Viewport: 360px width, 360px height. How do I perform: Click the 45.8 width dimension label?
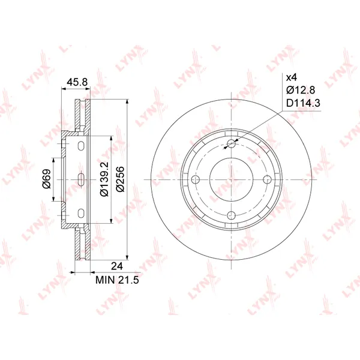click(x=77, y=82)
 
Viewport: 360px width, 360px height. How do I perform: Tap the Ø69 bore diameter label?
click(x=47, y=179)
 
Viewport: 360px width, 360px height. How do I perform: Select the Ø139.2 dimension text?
click(x=104, y=179)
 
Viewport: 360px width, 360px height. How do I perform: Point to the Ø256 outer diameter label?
click(x=120, y=179)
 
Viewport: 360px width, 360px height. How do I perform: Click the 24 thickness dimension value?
click(x=117, y=266)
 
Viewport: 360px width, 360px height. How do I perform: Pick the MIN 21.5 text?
click(x=117, y=280)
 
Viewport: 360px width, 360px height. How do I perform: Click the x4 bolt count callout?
click(x=292, y=77)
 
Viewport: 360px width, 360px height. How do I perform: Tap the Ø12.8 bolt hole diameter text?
click(x=301, y=90)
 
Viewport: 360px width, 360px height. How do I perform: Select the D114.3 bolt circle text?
click(x=303, y=103)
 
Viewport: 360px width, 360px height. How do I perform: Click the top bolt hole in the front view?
click(x=231, y=144)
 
